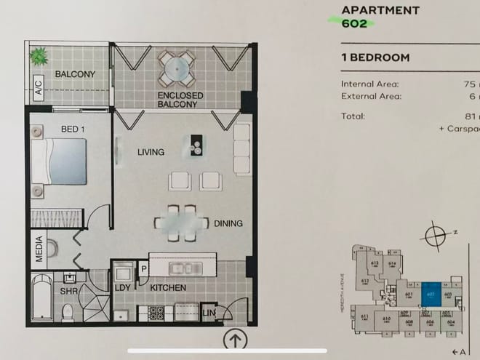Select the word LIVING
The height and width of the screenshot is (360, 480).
151,152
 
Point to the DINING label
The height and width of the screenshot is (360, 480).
228,223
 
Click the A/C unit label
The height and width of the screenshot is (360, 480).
38,89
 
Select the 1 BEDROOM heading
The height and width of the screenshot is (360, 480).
375,57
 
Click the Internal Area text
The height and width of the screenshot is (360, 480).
369,84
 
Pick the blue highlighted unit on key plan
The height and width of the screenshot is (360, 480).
430,290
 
